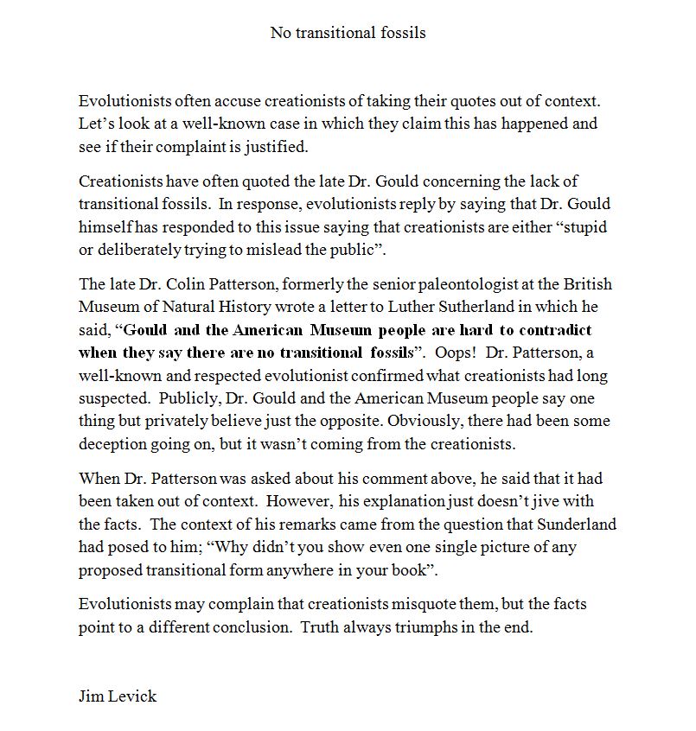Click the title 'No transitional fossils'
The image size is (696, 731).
point(348,33)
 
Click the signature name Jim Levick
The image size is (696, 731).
point(118,696)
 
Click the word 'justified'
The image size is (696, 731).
point(278,147)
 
